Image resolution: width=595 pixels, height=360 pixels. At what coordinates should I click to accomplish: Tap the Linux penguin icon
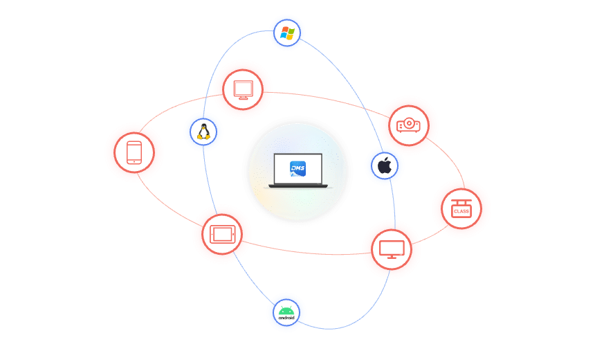(x=203, y=132)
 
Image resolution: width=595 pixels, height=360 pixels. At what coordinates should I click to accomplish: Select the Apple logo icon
(x=385, y=167)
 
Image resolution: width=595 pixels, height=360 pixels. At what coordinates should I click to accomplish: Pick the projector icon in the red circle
(x=408, y=125)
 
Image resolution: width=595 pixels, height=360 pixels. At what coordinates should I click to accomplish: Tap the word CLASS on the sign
(x=461, y=210)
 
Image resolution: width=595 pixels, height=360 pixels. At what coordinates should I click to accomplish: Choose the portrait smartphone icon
(x=134, y=153)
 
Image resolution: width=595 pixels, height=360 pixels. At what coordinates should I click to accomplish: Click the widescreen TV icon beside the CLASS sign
(x=392, y=249)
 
